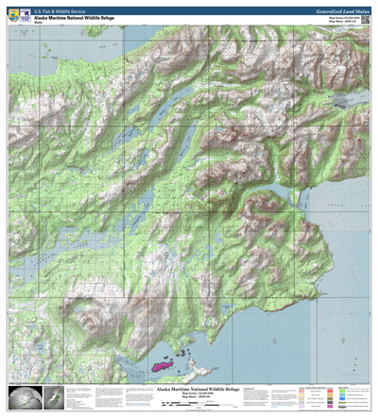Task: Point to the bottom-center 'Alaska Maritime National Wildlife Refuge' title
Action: click(x=189, y=388)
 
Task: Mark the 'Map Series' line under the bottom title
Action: click(x=189, y=393)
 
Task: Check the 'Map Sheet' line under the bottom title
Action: click(x=189, y=398)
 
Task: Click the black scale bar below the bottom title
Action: click(x=189, y=406)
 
